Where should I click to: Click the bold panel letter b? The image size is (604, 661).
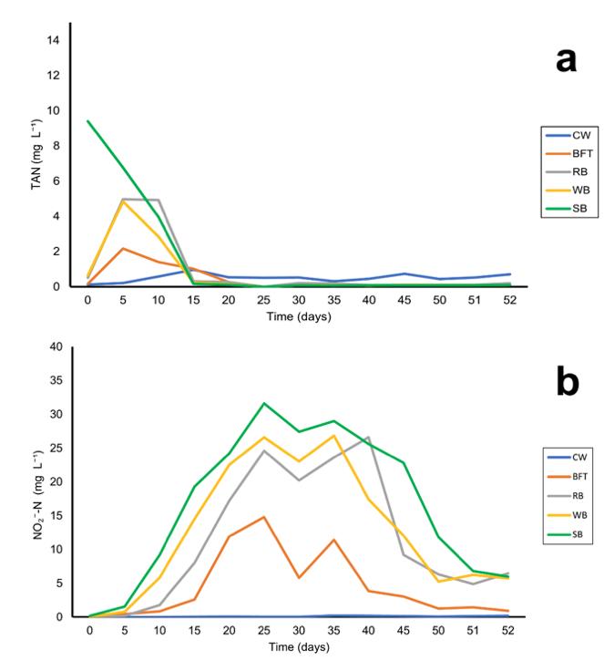(x=567, y=384)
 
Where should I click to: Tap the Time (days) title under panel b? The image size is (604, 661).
(x=299, y=646)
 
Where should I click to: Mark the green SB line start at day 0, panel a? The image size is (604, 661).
(x=89, y=121)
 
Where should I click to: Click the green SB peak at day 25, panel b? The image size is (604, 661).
(x=264, y=403)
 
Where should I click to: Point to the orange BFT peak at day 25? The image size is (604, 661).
(x=264, y=517)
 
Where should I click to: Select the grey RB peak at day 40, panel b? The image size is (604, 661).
(x=369, y=437)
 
